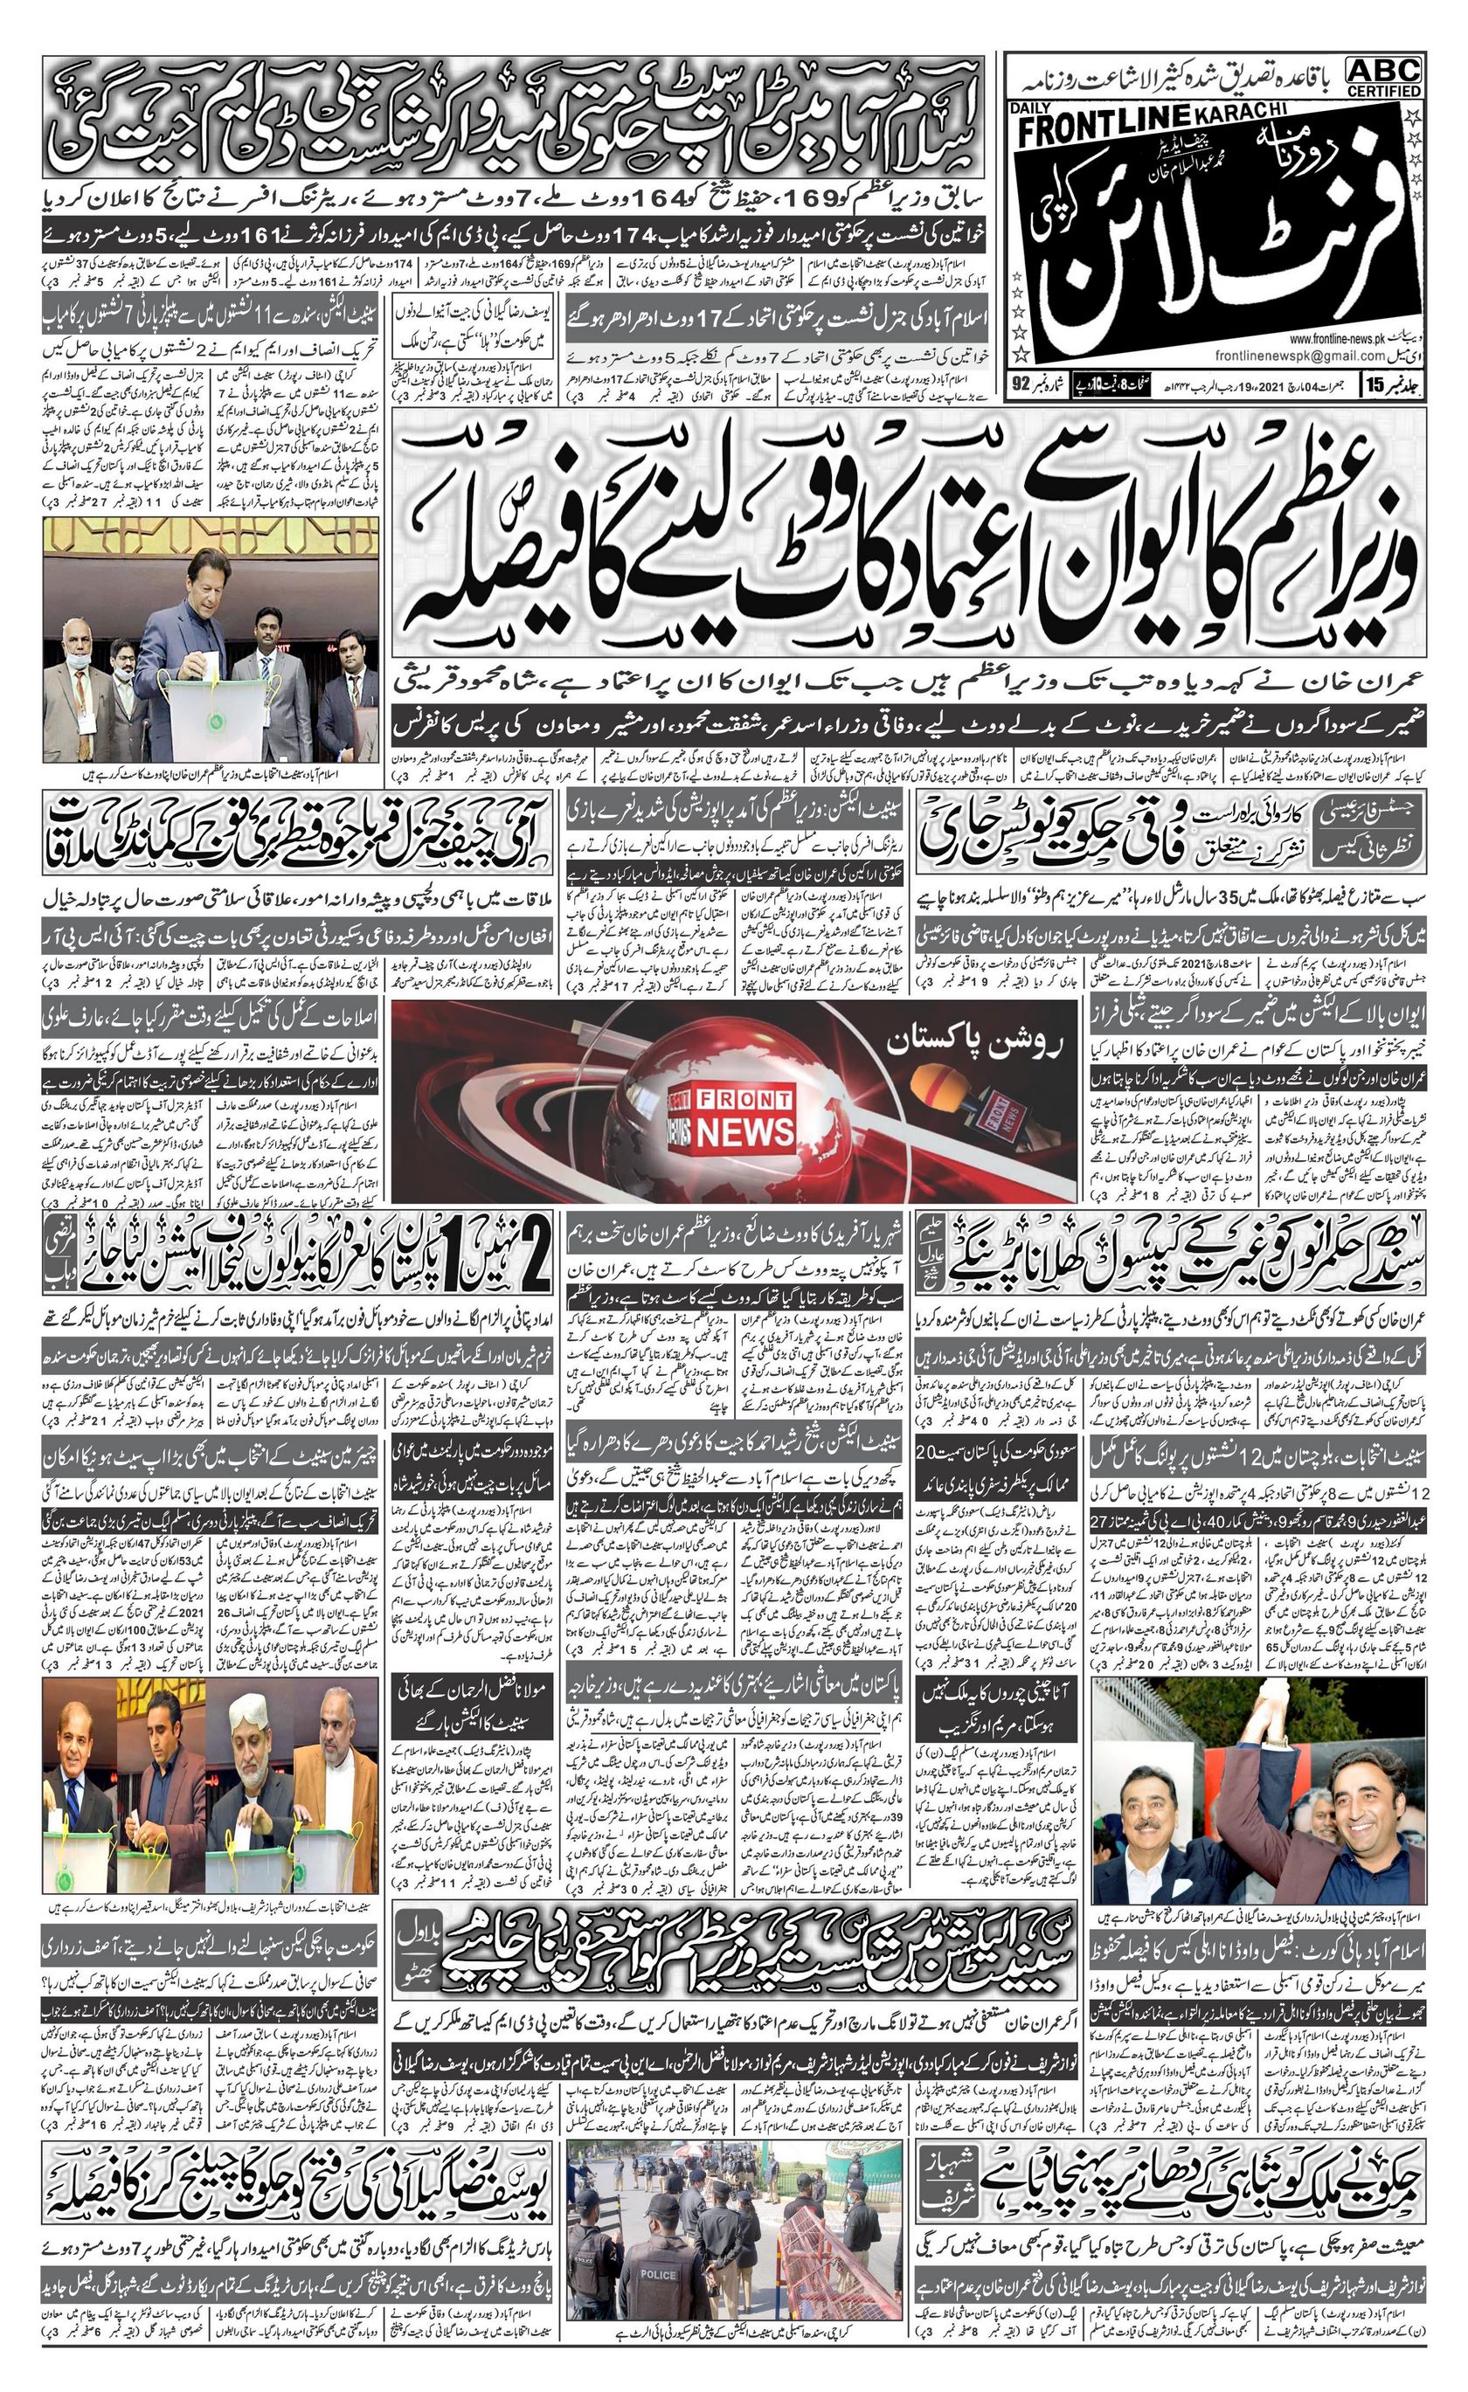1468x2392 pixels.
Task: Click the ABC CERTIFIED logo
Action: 1383,76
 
